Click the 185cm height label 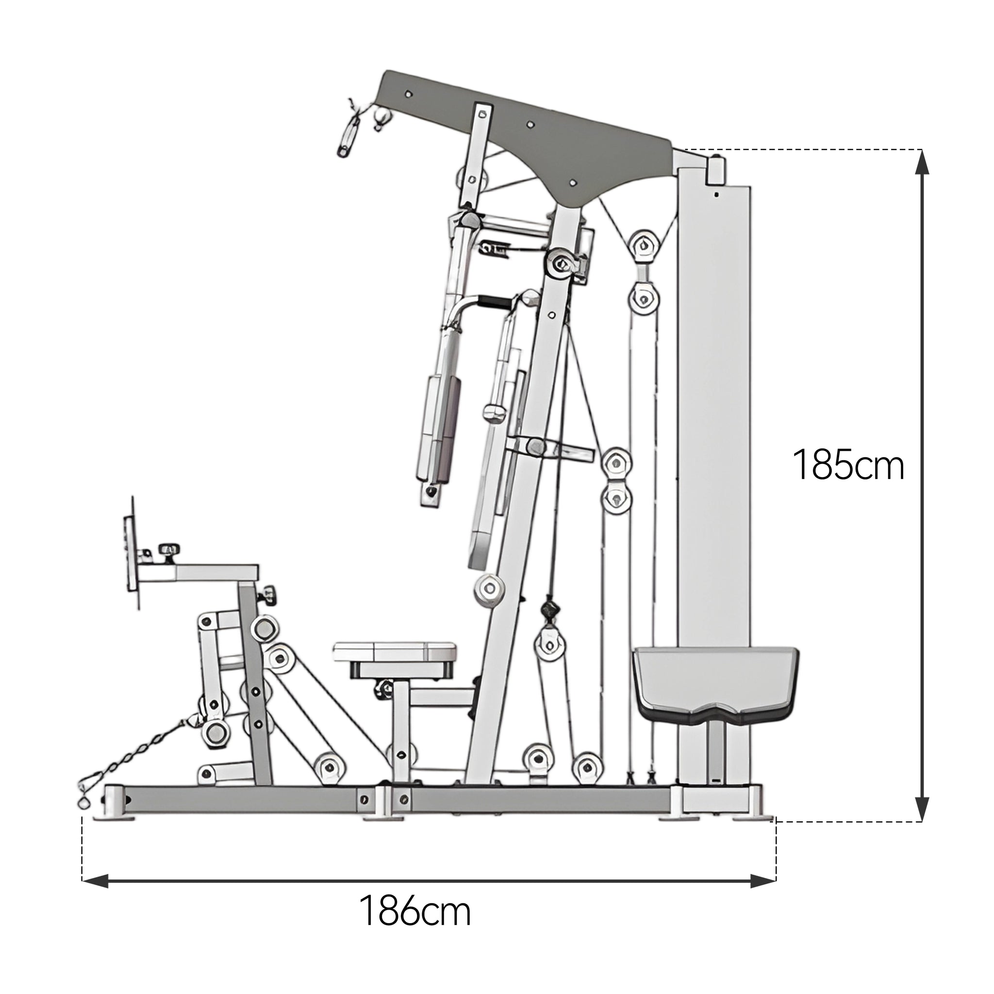tap(848, 465)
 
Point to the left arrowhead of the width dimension tap(96, 881)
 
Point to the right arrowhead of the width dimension tap(763, 881)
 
